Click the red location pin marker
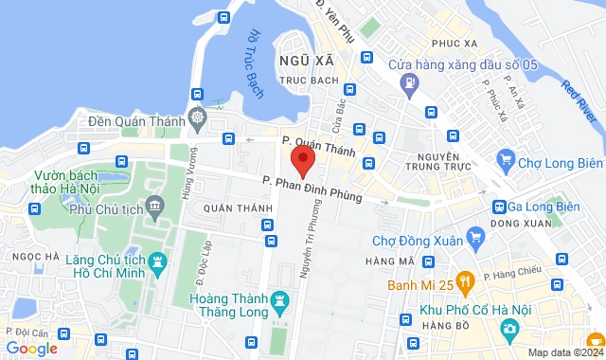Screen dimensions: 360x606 [302, 159]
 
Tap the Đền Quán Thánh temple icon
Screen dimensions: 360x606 [197, 119]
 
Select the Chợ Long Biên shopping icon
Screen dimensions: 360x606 [505, 159]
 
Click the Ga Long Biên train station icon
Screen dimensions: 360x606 [499, 207]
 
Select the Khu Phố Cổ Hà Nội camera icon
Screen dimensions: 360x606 [510, 329]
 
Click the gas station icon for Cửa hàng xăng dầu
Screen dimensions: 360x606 [409, 82]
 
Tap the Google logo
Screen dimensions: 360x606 [31, 348]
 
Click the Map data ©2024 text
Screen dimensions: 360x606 [564, 352]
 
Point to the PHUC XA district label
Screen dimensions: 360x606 [453, 44]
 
